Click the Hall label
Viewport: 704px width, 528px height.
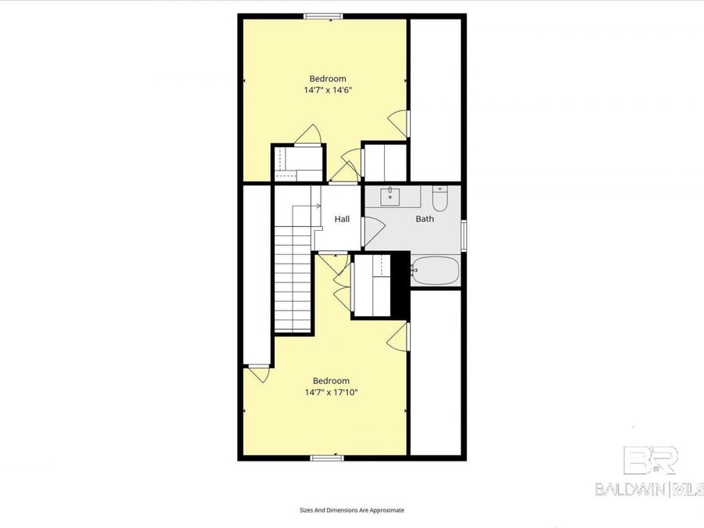click(x=342, y=219)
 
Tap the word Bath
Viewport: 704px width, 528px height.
click(x=425, y=219)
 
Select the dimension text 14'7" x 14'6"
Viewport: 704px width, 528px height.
click(x=328, y=90)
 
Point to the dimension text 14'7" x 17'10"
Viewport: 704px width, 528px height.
click(x=331, y=393)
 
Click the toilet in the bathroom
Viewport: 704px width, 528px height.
click(x=440, y=200)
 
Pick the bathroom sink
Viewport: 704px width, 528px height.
click(x=390, y=196)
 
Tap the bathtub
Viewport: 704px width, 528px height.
click(x=436, y=271)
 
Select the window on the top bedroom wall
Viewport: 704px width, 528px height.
click(x=323, y=16)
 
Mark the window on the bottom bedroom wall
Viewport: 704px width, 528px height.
click(x=325, y=457)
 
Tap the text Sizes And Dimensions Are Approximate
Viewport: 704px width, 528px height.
click(x=352, y=510)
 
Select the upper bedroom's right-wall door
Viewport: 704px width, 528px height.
click(x=400, y=121)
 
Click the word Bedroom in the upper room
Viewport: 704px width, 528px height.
click(x=328, y=78)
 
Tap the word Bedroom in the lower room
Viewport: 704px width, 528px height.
click(x=331, y=381)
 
